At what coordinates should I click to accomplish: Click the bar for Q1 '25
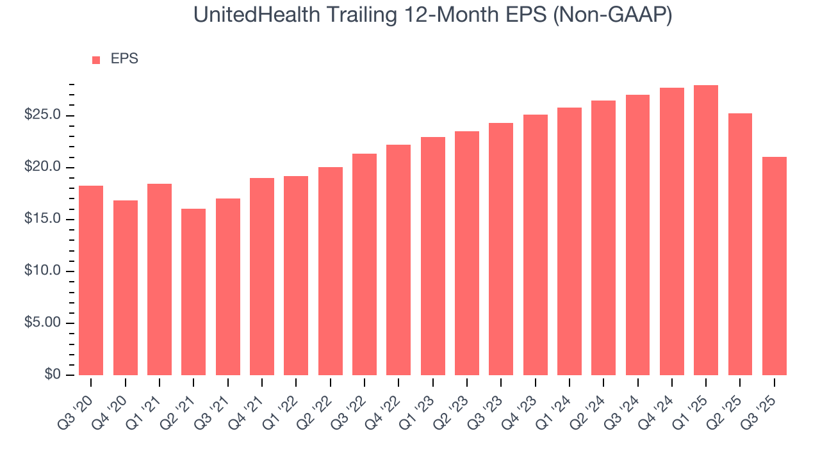point(706,230)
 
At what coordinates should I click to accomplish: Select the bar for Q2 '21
point(193,292)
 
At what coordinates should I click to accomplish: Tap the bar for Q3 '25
point(774,266)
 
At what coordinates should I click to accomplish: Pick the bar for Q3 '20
point(91,280)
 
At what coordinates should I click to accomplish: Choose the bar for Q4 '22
point(398,260)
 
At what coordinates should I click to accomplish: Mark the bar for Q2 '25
point(740,244)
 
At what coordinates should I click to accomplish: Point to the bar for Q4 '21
point(262,277)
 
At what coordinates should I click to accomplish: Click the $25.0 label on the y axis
point(43,115)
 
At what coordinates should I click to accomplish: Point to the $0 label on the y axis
point(53,375)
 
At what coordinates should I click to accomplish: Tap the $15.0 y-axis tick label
point(43,219)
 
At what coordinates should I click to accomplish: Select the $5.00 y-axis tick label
point(43,323)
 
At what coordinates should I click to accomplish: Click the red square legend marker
point(96,60)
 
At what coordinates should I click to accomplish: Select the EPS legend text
point(124,59)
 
